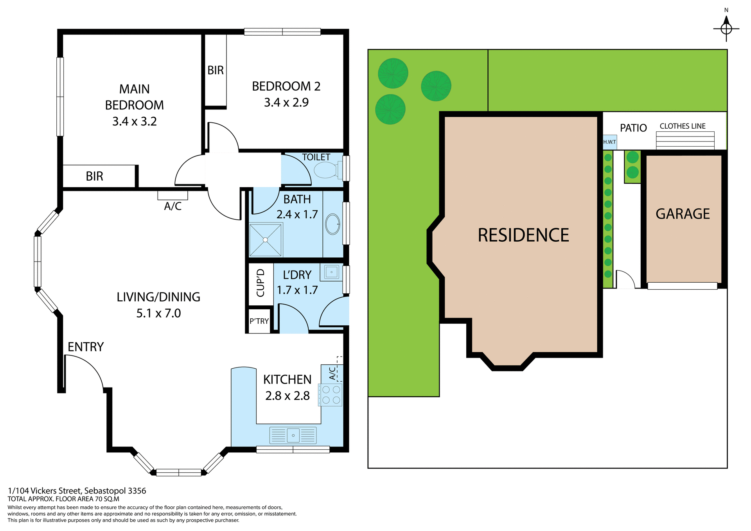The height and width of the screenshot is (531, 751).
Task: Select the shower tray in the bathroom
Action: click(x=266, y=240)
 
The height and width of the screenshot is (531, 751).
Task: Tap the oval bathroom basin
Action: click(x=332, y=224)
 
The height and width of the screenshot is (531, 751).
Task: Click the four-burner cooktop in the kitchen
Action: click(x=331, y=395)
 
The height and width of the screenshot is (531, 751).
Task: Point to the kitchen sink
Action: click(x=293, y=435)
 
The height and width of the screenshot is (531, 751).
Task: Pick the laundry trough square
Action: click(x=331, y=272)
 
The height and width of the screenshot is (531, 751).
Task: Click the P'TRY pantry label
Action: click(x=259, y=321)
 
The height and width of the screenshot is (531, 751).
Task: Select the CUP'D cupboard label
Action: click(x=261, y=283)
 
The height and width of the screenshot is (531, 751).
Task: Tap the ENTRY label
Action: click(x=86, y=347)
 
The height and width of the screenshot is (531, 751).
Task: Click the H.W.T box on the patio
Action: click(x=609, y=142)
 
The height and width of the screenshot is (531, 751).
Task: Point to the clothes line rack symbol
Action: click(x=685, y=140)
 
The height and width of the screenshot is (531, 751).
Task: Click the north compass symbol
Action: click(x=726, y=28)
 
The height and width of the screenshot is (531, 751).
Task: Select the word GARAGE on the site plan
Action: click(x=683, y=214)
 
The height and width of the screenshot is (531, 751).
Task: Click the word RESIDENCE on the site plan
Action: click(x=523, y=235)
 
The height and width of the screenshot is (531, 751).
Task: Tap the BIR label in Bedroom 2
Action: click(x=216, y=70)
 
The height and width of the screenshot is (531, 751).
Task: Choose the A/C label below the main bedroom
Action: click(x=172, y=206)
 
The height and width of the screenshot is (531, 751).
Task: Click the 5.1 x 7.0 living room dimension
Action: click(x=158, y=314)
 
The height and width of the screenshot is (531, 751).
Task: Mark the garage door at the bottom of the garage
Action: click(x=682, y=286)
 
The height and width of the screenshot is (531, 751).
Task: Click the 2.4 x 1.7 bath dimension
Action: click(x=297, y=215)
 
